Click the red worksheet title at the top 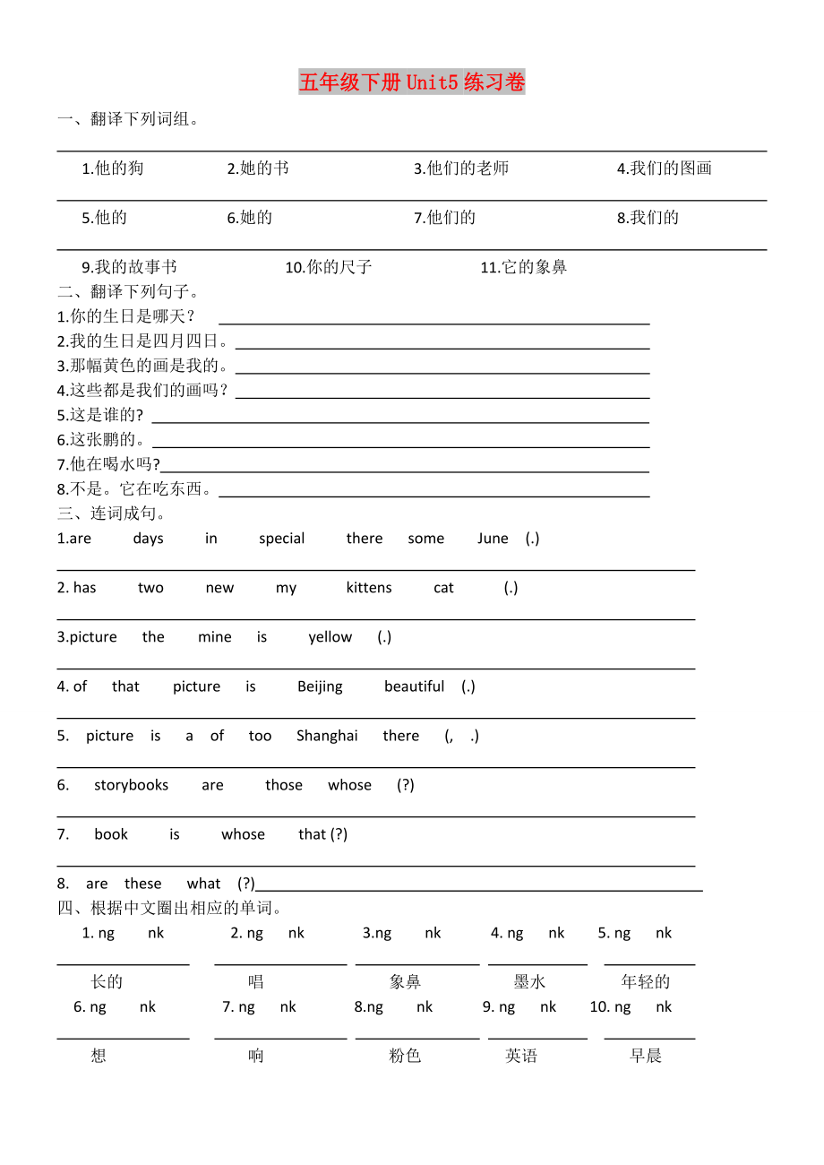[412, 82]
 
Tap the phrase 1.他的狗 [112, 168]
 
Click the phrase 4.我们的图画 [664, 168]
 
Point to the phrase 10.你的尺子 [328, 267]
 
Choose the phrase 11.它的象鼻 [523, 267]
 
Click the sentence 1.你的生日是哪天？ [126, 316]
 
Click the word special [281, 539]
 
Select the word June [493, 539]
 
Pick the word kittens [369, 588]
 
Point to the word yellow [330, 637]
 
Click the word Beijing [320, 686]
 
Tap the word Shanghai [327, 736]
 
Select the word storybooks [131, 785]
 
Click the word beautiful [414, 686]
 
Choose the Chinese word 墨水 [529, 982]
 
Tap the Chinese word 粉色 [405, 1056]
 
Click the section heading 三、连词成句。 [112, 513]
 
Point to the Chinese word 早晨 [646, 1056]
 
